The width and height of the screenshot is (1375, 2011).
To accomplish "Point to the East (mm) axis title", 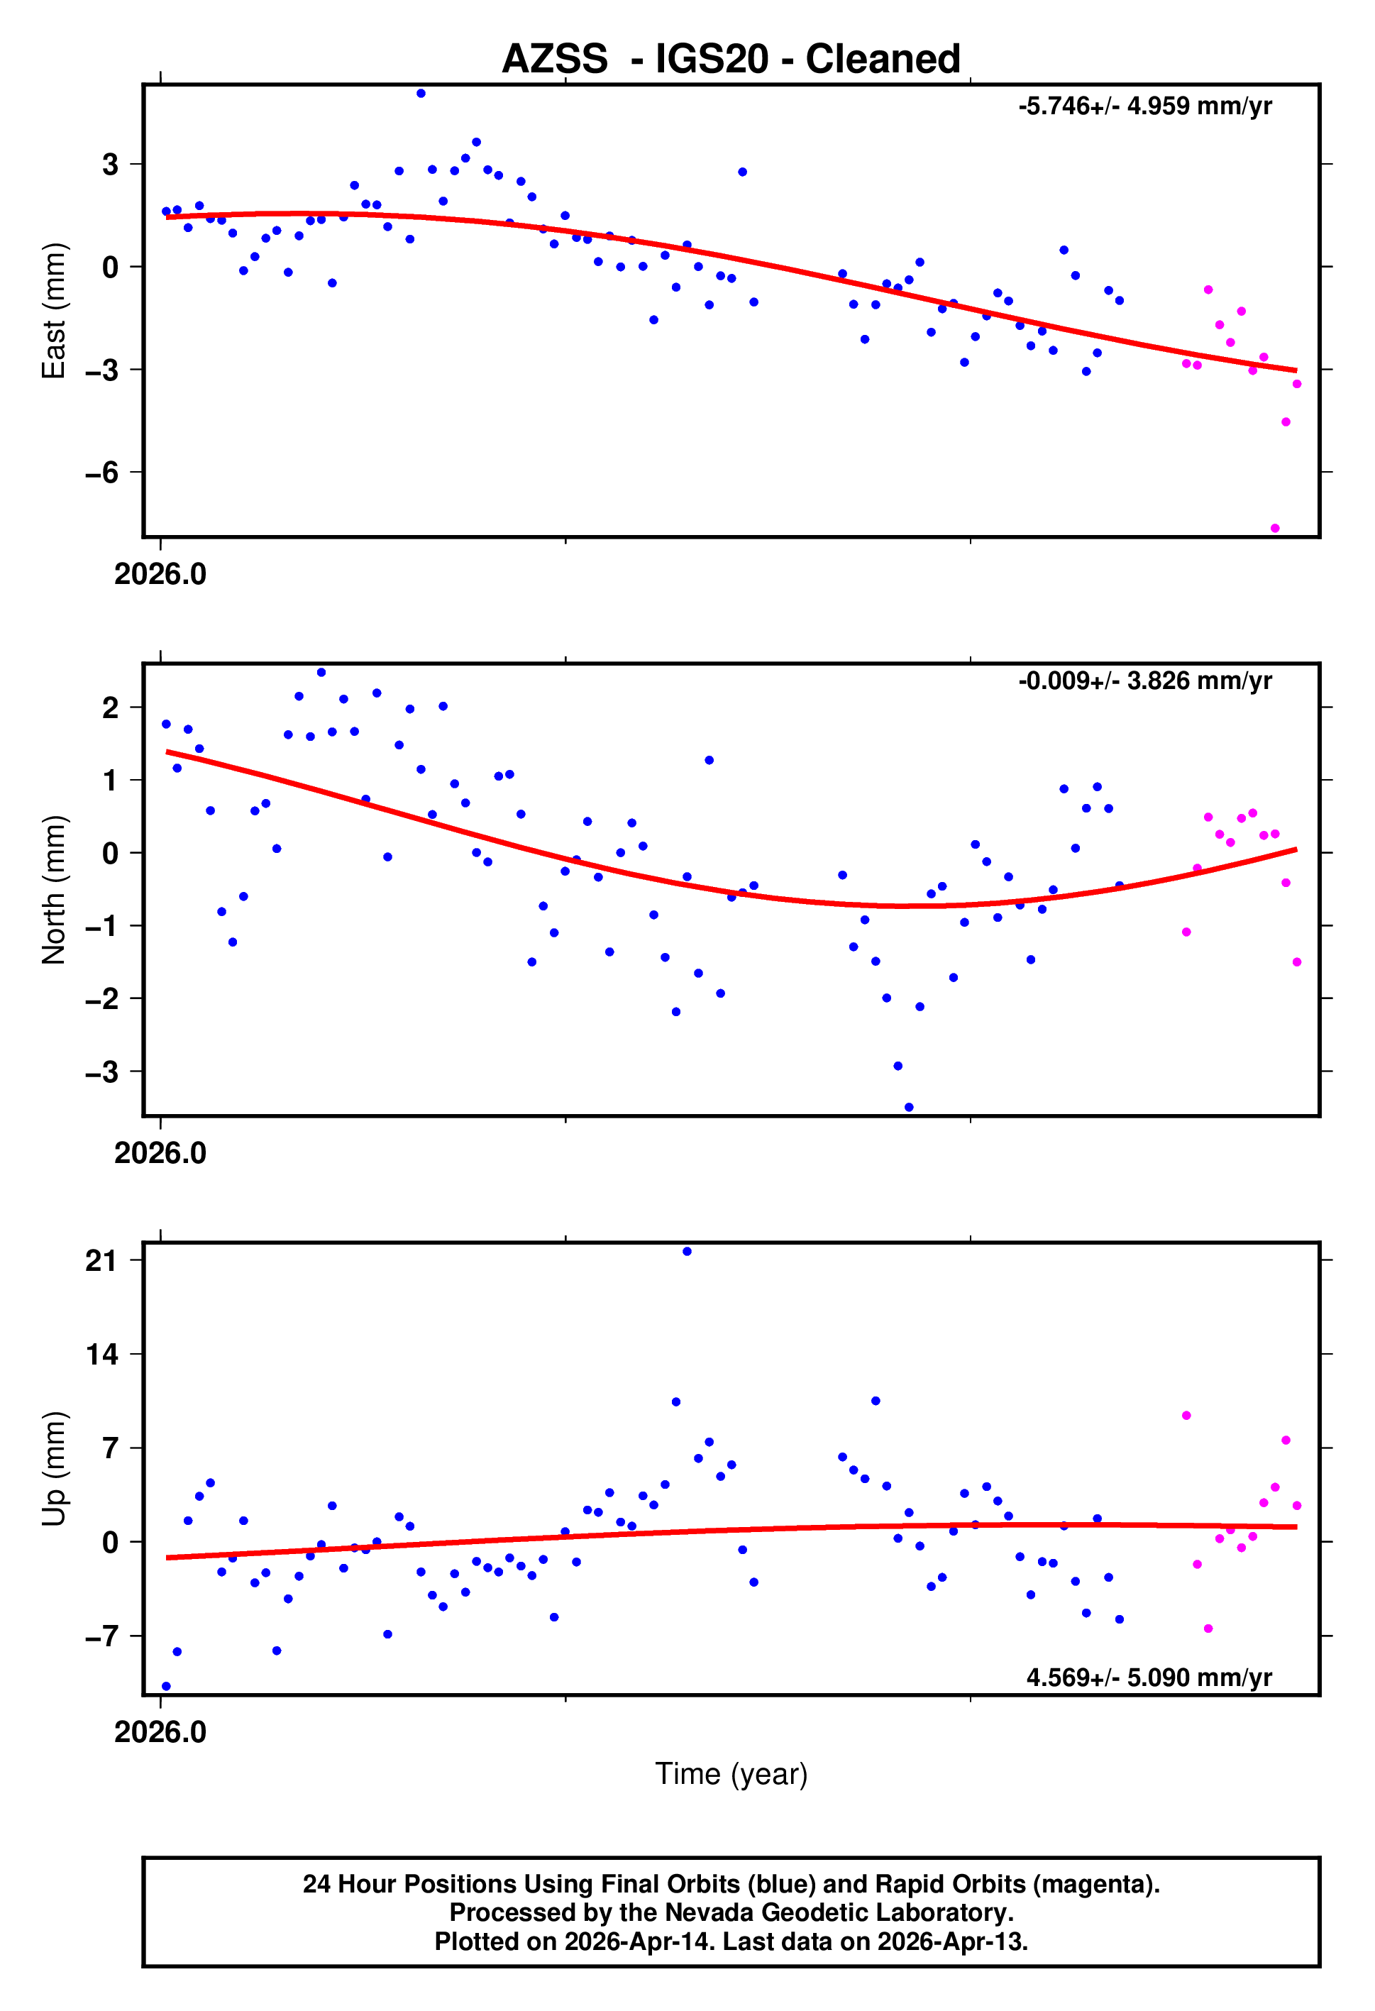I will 54,311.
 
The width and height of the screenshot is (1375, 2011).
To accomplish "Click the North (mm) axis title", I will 54,890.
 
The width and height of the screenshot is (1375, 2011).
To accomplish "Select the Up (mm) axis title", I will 54,1468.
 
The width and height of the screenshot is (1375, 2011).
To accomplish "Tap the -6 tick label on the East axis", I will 101,473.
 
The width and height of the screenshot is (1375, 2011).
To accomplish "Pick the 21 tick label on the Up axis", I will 101,1261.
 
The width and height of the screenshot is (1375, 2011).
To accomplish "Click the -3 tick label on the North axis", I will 101,1072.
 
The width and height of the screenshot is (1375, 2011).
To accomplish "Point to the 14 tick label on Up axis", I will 101,1354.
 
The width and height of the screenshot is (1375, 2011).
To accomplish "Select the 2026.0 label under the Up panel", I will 160,1731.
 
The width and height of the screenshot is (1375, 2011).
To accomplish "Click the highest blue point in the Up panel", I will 687,1251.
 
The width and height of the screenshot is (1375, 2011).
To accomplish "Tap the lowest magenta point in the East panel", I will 1275,528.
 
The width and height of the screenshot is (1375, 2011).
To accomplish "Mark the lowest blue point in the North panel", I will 909,1107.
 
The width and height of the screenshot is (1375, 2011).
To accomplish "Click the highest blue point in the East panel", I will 421,94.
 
